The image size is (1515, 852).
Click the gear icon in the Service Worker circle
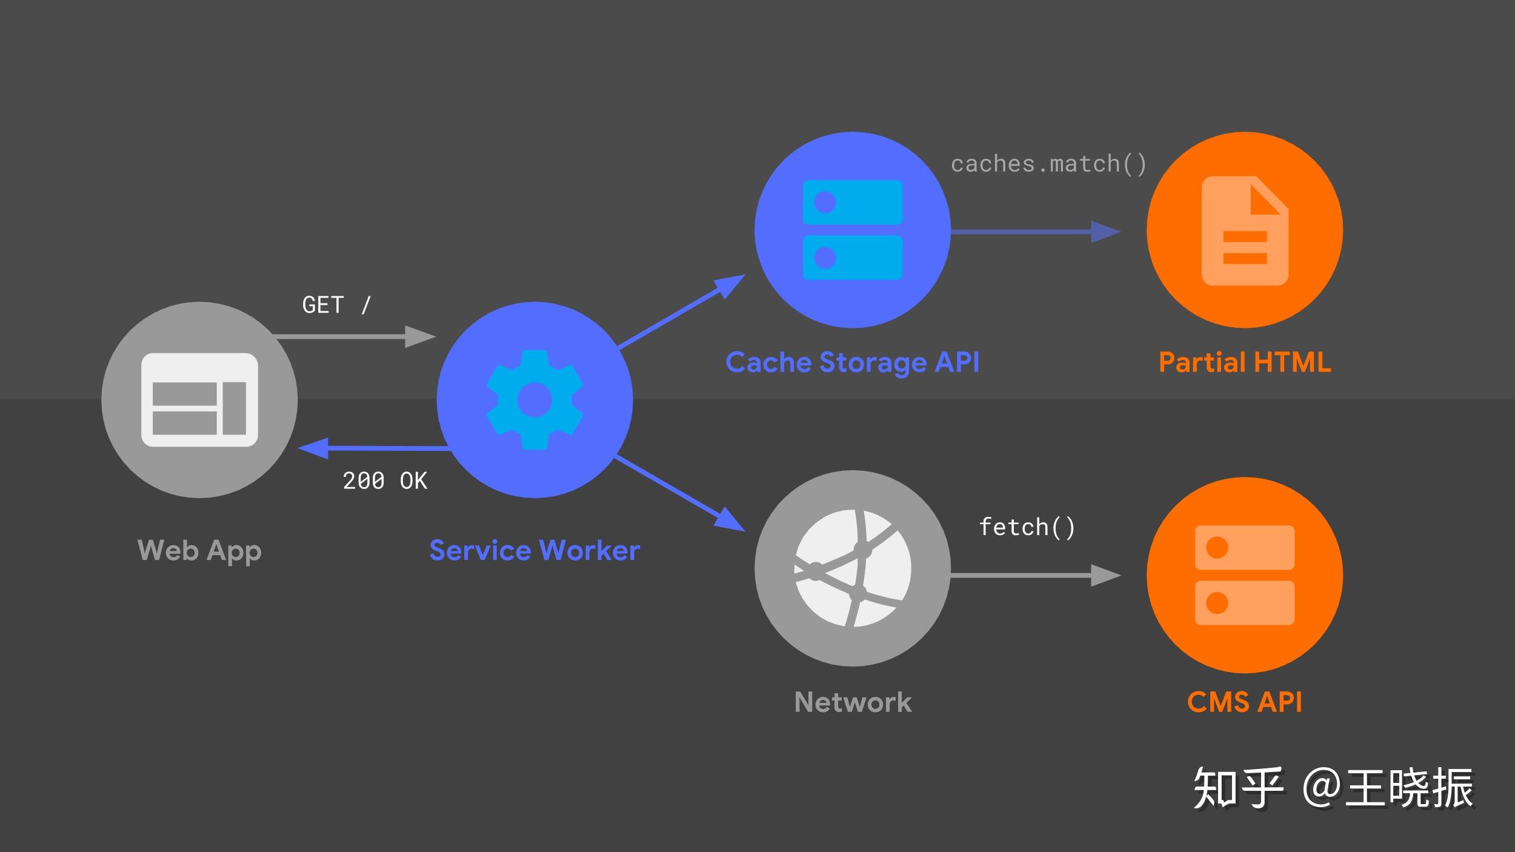534,400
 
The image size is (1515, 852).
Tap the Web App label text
199,551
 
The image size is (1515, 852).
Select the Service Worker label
534,551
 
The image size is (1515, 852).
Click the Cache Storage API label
852,362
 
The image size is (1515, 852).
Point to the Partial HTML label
1245,362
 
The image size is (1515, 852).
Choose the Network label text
853,702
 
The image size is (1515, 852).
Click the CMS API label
1245,702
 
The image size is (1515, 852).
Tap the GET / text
336,305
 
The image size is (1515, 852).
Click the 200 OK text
385,481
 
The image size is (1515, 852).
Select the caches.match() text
1048,164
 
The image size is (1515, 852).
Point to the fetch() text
1027,527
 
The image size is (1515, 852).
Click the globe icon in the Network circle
853,568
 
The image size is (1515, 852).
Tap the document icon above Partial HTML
1245,230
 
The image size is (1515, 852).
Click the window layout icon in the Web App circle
199,400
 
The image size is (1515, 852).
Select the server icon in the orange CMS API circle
1245,575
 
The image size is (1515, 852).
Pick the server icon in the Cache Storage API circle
853,230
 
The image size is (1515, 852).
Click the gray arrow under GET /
355,336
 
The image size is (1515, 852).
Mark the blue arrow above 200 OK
373,448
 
